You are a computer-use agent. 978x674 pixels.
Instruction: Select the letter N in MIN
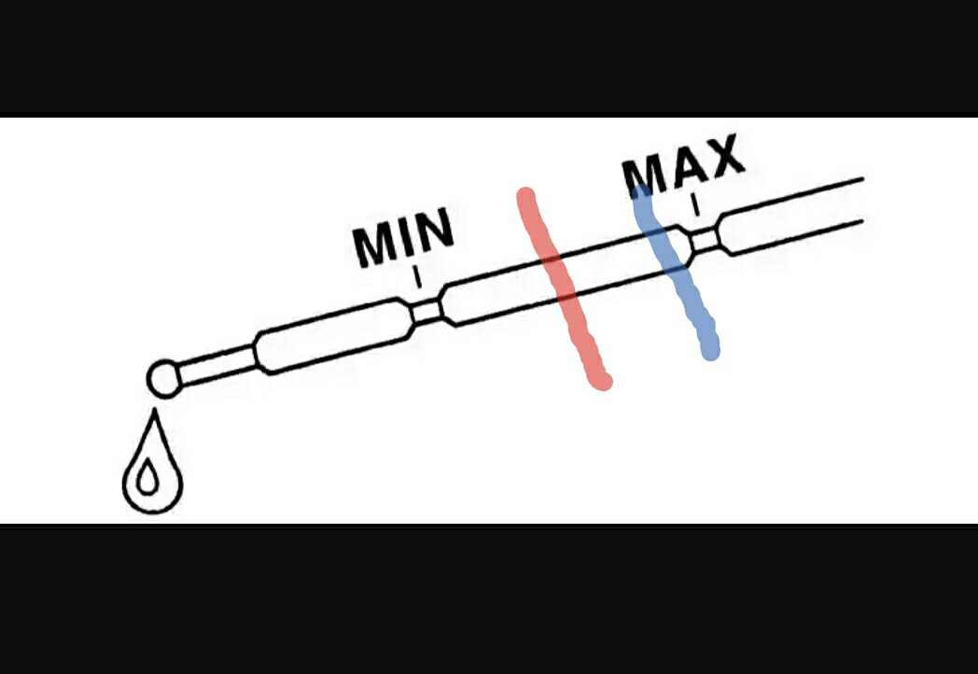436,231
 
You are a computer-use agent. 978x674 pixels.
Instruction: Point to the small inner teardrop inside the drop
147,480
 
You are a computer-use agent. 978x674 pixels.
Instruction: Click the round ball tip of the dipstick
163,379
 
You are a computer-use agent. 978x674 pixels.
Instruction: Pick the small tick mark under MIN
418,277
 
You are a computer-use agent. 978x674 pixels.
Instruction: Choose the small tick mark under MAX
695,204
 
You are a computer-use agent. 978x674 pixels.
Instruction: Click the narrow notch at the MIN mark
426,311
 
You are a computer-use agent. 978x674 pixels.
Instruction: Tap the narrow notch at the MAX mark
706,241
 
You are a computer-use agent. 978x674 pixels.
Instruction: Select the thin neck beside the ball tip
216,365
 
